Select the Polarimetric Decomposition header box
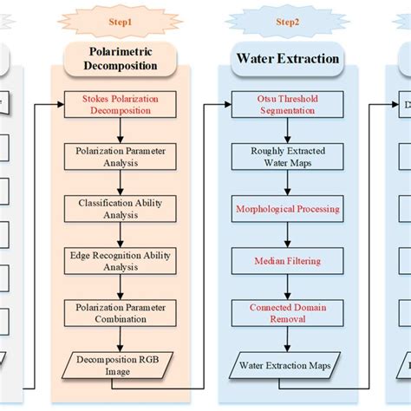120,58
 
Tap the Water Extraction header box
287,58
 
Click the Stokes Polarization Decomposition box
121,105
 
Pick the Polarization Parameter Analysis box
121,156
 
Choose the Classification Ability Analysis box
121,208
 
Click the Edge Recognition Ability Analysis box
121,261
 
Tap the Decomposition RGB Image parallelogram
121,365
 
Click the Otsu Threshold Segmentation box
287,105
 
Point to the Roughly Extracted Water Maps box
287,156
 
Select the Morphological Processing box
287,209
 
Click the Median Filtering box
287,261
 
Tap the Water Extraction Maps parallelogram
287,365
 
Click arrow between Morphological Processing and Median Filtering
287,235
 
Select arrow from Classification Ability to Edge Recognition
121,235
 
